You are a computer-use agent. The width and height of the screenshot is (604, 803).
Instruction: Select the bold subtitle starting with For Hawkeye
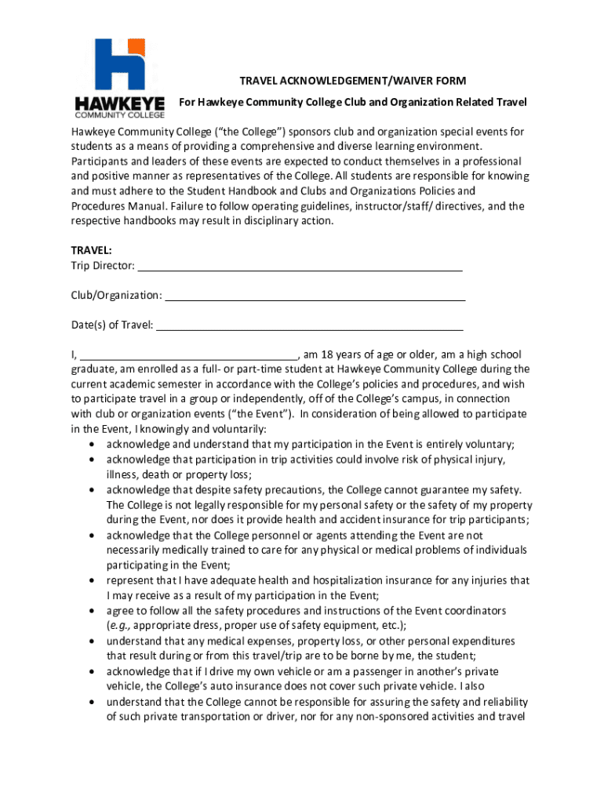tap(353, 102)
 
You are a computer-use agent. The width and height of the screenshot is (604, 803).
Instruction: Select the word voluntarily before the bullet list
tap(239, 429)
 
